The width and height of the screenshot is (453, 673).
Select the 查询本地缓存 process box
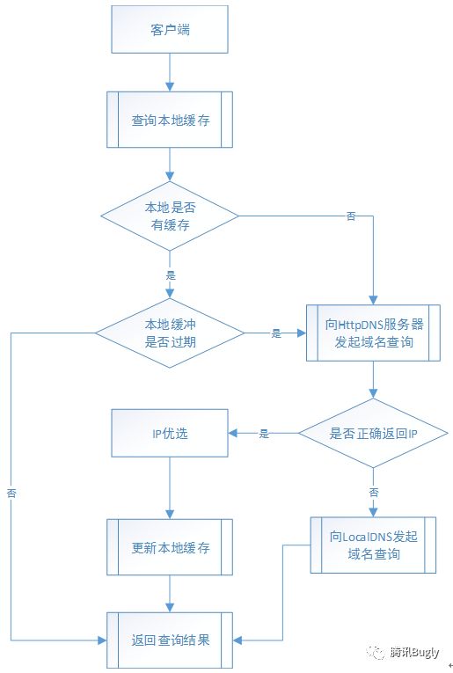170,120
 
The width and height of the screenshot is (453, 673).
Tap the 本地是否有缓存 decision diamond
170,216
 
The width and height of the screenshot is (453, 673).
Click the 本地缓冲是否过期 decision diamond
170,333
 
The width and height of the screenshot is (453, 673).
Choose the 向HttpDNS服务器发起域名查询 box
374,333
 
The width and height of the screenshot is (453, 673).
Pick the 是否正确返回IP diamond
374,434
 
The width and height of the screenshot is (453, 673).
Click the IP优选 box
170,434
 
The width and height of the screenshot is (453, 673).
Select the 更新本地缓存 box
170,547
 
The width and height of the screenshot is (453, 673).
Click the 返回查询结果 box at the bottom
170,640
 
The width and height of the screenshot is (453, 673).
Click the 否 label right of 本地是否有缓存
351,216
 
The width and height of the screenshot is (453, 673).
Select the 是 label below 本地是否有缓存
170,274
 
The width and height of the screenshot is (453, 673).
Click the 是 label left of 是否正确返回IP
263,434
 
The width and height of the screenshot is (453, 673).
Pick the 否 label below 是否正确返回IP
374,492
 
